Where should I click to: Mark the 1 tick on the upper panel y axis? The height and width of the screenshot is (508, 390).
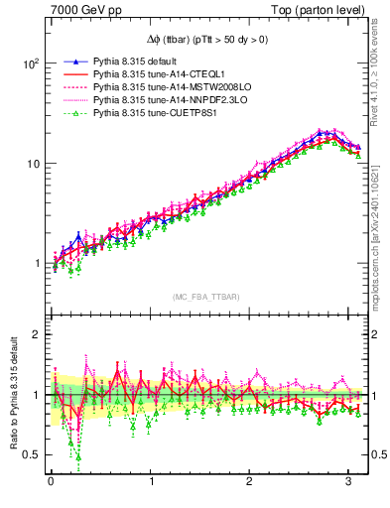coord(35,264)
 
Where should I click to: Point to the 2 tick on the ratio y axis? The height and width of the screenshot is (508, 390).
coord(35,334)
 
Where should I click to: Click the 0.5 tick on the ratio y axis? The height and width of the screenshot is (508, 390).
coord(30,454)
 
